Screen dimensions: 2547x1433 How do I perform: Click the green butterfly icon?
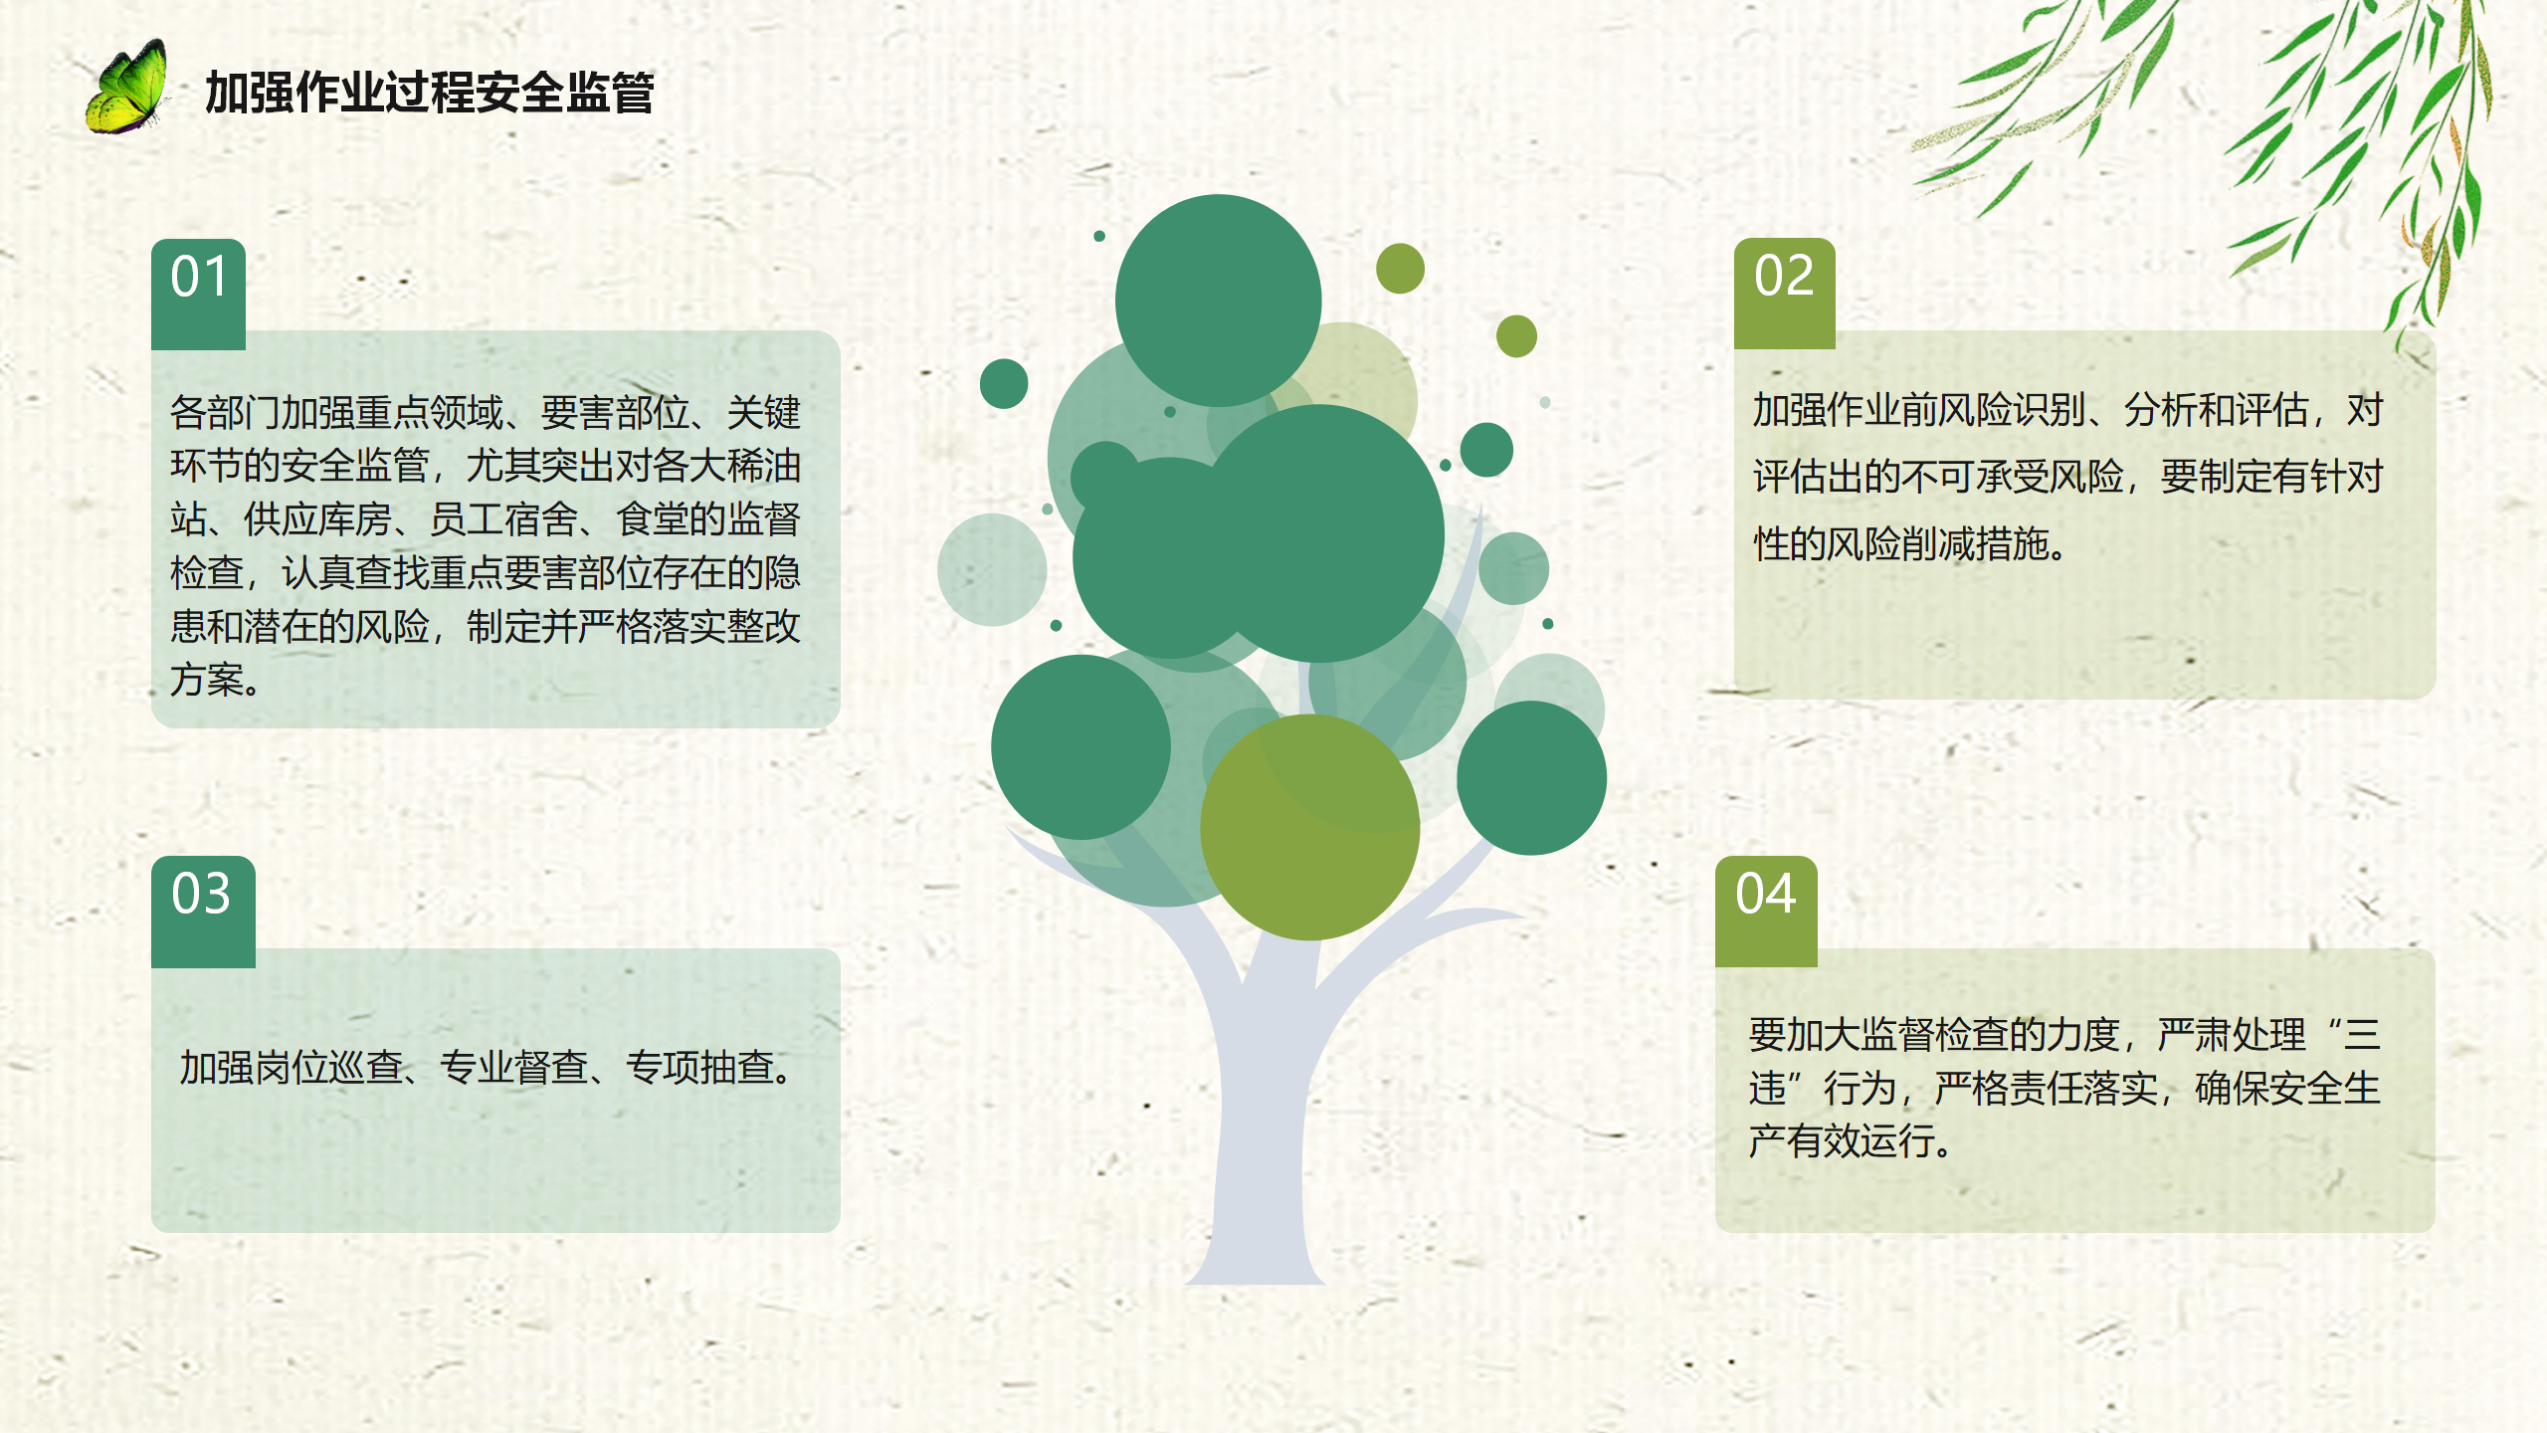point(126,88)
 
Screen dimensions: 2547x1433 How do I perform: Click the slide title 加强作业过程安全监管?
point(429,93)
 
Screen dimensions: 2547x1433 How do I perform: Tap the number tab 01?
point(199,294)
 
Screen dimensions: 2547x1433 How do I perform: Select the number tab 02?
point(1784,294)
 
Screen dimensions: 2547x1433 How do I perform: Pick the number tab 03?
point(203,912)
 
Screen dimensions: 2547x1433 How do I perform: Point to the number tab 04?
point(1766,912)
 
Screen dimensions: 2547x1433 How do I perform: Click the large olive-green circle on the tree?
point(1309,827)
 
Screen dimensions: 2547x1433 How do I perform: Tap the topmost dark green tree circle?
point(1218,301)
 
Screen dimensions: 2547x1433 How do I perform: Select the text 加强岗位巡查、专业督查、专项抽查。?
point(488,1067)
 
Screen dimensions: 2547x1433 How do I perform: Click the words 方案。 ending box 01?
point(215,680)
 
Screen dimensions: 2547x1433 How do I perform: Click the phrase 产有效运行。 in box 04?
point(1851,1140)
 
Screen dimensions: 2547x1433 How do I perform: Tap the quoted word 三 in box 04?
point(2362,1035)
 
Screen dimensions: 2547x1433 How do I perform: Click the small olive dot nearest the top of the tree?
point(1400,269)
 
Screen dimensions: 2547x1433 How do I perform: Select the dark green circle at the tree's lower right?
point(1531,777)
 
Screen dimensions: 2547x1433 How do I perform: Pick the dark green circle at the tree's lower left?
point(1080,746)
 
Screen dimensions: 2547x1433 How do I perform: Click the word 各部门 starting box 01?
point(225,412)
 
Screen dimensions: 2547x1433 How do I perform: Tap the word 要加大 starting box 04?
point(1804,1035)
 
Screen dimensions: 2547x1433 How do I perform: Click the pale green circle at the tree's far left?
point(992,569)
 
